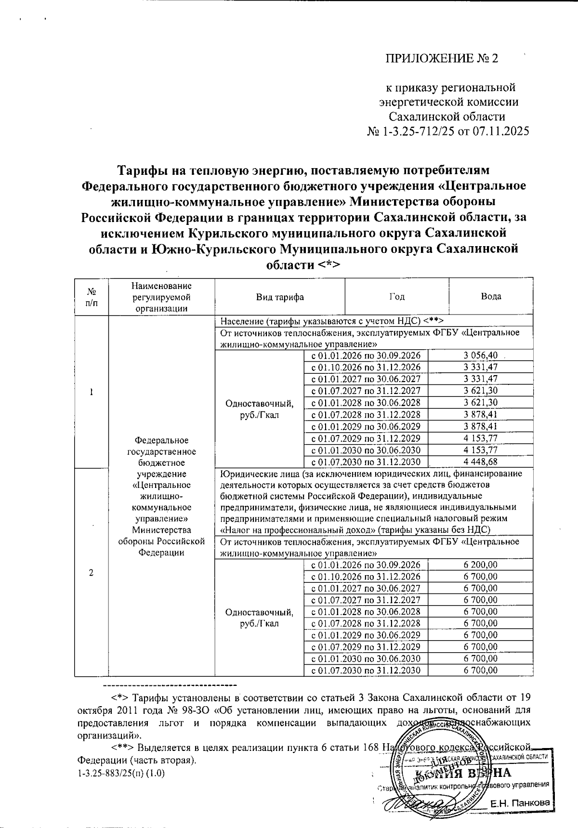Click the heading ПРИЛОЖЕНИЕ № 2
pos(441,59)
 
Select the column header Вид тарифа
pos(280,297)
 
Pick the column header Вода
pos(491,297)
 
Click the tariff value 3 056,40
pos(480,355)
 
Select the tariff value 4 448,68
pos(480,462)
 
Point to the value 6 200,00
pos(480,565)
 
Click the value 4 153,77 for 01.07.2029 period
pos(480,438)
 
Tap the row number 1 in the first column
pos(92,392)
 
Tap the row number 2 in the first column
pos(92,572)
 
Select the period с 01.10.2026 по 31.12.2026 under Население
pos(366,367)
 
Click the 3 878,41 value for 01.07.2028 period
pos(480,415)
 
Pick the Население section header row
pos(331,321)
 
